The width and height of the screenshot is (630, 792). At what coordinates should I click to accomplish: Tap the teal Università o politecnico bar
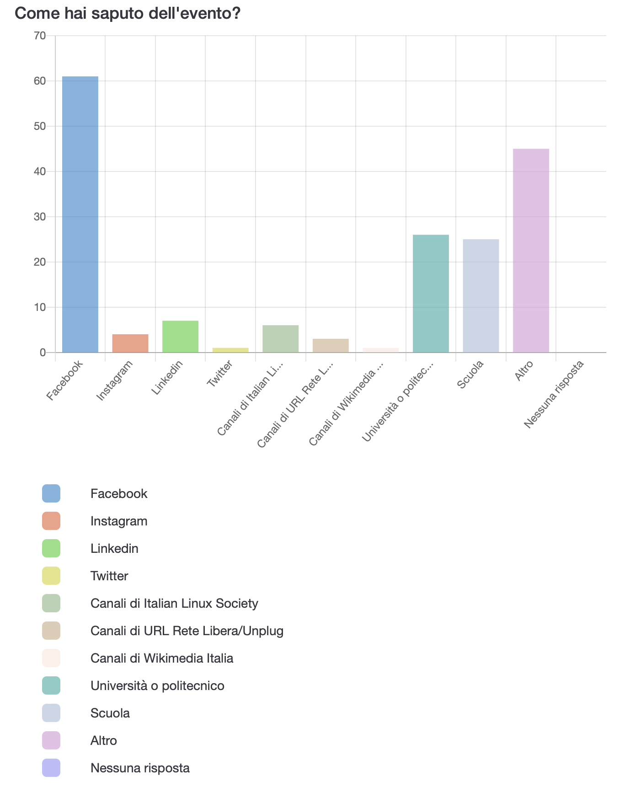(431, 294)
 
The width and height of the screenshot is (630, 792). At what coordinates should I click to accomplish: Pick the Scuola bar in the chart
(481, 296)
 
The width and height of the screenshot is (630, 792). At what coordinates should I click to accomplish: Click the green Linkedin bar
(180, 337)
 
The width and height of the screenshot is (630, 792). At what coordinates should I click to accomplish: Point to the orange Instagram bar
(130, 343)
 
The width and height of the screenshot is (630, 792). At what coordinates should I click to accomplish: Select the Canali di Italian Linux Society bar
(280, 339)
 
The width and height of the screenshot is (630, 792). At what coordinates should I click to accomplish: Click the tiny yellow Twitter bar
(230, 350)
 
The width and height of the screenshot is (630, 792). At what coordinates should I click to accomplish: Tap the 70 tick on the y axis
(40, 36)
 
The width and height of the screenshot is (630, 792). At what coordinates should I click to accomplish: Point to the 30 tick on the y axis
(40, 217)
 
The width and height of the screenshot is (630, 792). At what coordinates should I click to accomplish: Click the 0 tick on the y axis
(43, 353)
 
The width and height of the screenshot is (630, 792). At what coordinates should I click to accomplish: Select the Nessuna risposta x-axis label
(554, 395)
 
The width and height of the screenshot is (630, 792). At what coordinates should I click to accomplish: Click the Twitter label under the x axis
(220, 374)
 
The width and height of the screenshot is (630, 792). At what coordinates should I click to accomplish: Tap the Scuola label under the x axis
(470, 375)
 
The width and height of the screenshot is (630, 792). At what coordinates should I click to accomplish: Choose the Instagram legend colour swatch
(51, 521)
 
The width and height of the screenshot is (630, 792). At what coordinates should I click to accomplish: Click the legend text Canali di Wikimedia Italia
(162, 658)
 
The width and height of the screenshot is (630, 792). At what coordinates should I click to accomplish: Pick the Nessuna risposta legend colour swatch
(51, 768)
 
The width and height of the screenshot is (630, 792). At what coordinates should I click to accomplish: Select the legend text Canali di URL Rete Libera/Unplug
(187, 631)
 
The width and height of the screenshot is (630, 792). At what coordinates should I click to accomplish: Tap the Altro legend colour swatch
(51, 740)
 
